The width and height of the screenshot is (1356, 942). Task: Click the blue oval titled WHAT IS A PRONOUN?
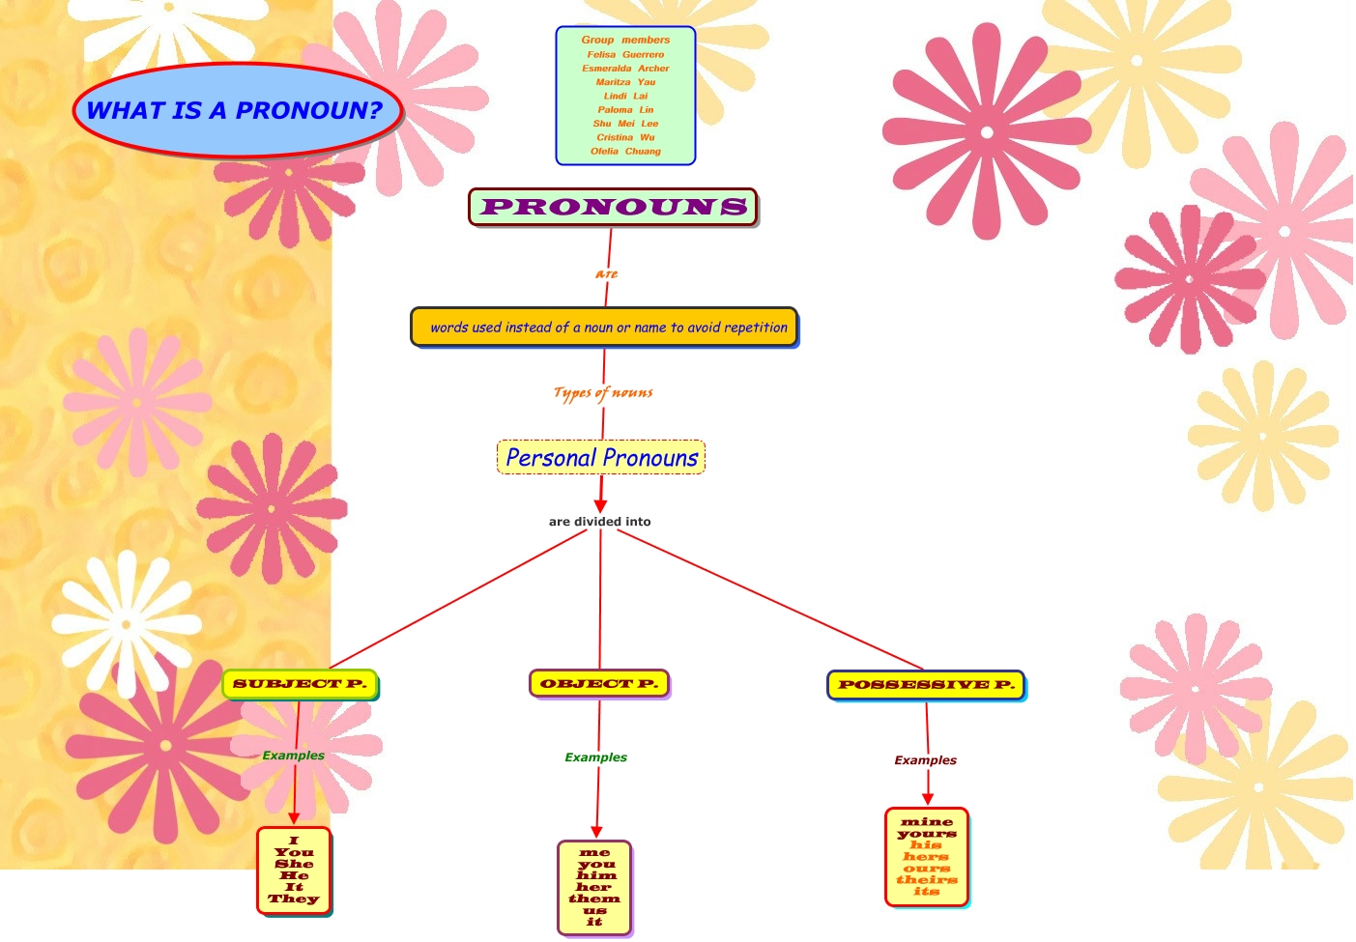click(236, 110)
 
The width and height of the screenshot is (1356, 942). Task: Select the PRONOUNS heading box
click(613, 207)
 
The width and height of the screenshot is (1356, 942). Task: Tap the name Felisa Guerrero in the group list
click(625, 54)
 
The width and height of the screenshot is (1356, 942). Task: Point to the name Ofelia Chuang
click(625, 151)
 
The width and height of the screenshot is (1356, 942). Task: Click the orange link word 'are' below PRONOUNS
click(607, 274)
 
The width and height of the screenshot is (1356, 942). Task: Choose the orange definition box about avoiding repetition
click(605, 328)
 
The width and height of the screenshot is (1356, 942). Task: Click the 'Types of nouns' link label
click(603, 392)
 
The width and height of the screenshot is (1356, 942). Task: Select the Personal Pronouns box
click(601, 458)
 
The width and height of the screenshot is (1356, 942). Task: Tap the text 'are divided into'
click(599, 522)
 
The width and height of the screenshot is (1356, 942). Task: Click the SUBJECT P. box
click(300, 684)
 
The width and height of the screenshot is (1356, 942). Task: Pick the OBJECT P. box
click(599, 683)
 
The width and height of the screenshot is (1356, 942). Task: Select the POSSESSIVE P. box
click(926, 685)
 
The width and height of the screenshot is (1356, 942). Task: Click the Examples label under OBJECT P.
click(595, 757)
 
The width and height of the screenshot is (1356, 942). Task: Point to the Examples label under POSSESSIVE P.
click(925, 760)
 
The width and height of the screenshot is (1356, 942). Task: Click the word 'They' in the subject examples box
click(294, 899)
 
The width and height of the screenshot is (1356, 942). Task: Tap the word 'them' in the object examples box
click(594, 899)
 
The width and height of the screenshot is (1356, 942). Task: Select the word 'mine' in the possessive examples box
click(927, 822)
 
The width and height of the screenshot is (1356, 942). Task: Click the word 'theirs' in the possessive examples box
click(927, 880)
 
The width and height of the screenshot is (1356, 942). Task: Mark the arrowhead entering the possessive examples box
click(928, 799)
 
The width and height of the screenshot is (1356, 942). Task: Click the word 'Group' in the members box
click(597, 40)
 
